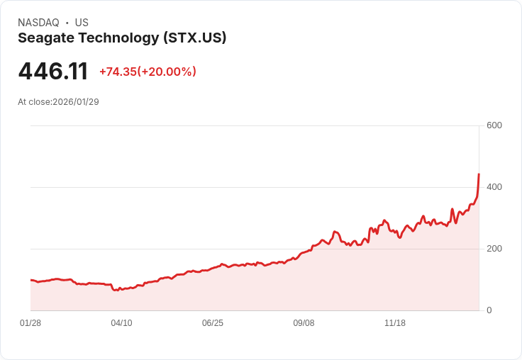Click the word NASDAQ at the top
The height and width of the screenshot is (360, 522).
point(38,23)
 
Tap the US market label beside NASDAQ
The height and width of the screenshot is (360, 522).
point(82,23)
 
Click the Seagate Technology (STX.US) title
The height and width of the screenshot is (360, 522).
point(122,38)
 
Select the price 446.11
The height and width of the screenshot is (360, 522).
point(53,72)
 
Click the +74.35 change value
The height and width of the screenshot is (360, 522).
point(118,72)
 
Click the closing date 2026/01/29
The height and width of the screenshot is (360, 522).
point(76,102)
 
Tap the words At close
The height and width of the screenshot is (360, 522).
point(33,102)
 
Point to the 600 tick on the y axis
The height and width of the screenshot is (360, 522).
point(494,125)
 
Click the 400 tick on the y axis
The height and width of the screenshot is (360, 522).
point(494,187)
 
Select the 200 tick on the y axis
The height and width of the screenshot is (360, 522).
point(494,249)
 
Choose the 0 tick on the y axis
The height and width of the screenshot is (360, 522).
point(489,310)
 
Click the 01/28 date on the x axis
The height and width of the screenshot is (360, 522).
point(30,323)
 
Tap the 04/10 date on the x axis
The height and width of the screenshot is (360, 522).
point(121,323)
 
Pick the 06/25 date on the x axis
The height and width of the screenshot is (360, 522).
point(213,323)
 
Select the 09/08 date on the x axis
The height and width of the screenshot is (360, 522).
point(304,323)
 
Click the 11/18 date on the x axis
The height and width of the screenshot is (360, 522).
point(395,323)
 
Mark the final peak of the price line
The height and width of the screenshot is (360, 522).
point(479,174)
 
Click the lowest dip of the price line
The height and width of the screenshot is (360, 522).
point(117,291)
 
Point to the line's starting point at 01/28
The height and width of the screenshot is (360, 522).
point(31,280)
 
